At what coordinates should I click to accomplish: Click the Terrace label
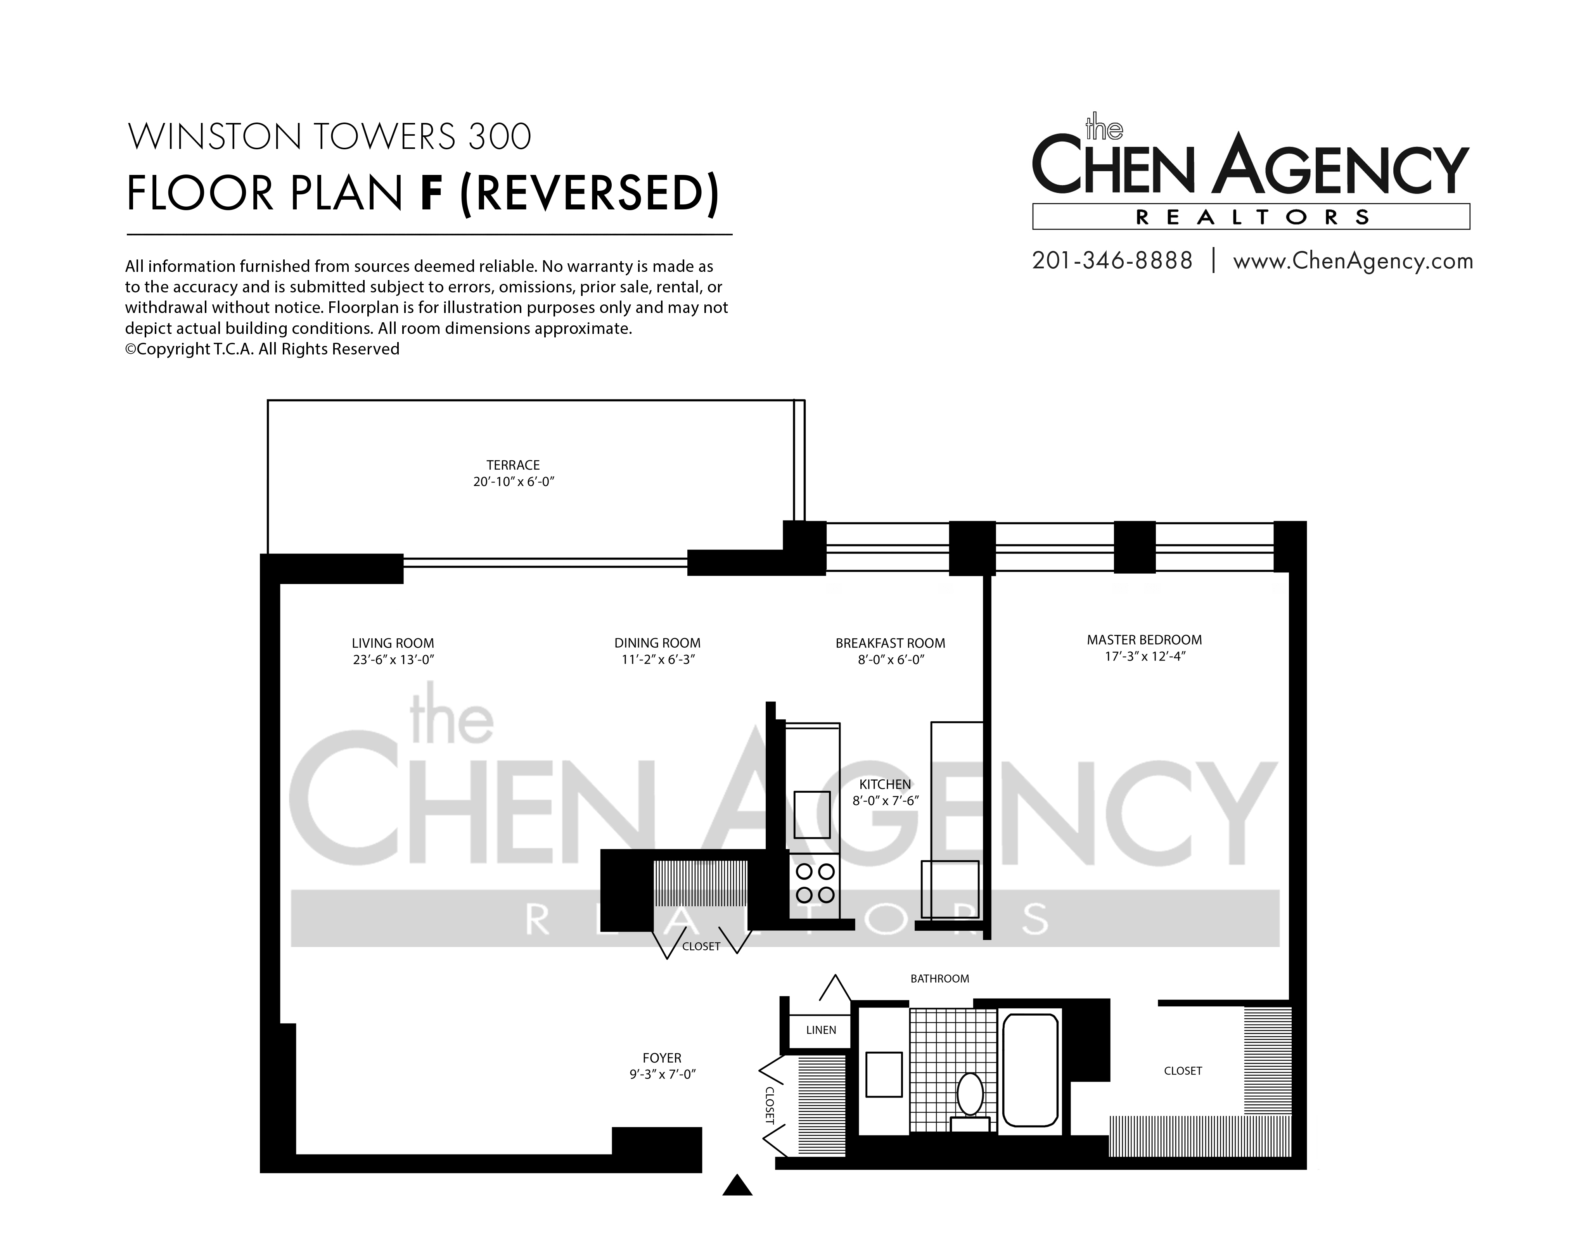pos(514,465)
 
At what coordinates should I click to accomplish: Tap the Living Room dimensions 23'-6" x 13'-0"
pos(393,660)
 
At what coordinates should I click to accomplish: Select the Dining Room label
pos(657,643)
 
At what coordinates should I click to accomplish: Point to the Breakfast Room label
pos(890,643)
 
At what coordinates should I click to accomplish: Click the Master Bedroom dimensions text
pos(1144,656)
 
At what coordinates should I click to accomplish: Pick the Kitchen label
pos(885,784)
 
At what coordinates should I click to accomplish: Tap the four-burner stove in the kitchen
pos(815,883)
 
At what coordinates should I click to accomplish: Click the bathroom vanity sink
pos(884,1074)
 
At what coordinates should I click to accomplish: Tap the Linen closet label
pos(821,1030)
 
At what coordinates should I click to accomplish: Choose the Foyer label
pos(662,1058)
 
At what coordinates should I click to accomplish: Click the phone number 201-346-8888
pos(1112,261)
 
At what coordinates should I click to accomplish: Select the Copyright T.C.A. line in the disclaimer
pos(262,349)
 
